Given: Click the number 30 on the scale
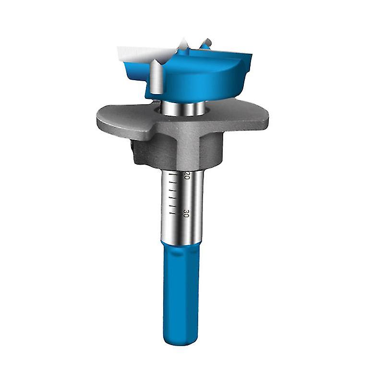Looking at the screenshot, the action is tap(186, 214).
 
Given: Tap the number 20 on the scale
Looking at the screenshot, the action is tap(187, 176).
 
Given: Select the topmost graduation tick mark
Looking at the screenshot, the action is tap(173, 174).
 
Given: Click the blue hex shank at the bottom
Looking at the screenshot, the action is tap(181, 294).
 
